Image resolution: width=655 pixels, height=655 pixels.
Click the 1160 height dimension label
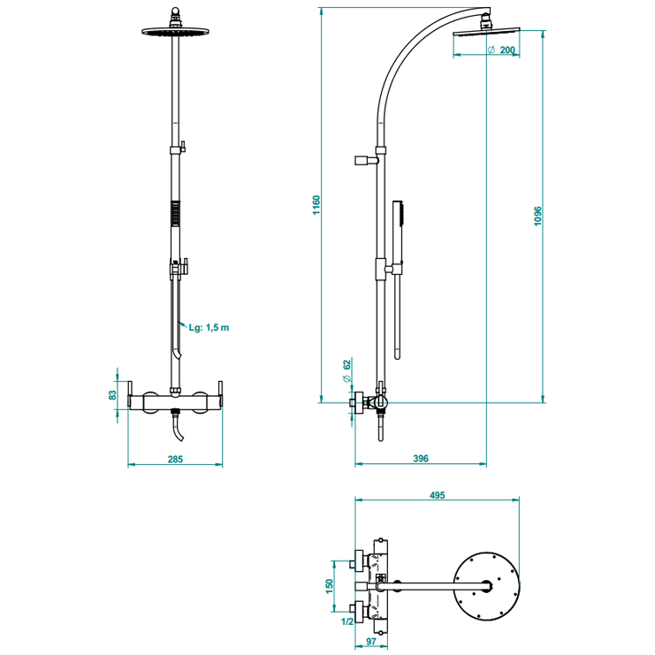point(316,204)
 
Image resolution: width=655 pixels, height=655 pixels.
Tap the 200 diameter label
point(506,50)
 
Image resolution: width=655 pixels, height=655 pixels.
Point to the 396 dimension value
point(420,458)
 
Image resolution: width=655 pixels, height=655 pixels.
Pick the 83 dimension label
point(112,395)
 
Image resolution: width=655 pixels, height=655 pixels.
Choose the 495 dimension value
point(437,495)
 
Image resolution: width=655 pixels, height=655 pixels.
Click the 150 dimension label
point(329,586)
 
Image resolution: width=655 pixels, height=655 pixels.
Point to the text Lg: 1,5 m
point(209,327)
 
